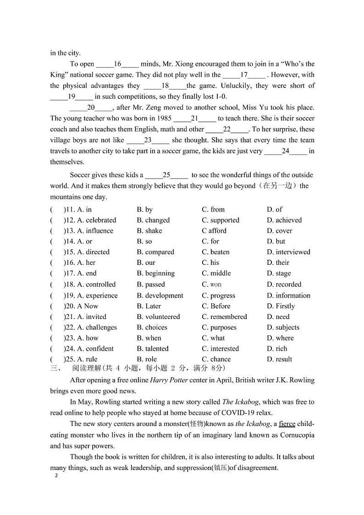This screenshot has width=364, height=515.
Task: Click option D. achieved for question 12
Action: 284,220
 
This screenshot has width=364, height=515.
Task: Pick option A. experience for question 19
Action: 97,296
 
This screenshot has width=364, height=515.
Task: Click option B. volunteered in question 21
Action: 158,317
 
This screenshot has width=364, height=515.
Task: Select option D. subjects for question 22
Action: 283,327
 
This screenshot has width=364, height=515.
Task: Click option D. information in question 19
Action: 288,296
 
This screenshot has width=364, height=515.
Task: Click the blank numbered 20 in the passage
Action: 91,107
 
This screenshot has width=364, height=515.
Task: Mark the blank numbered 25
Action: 166,175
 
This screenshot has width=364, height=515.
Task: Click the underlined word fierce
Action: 287,424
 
